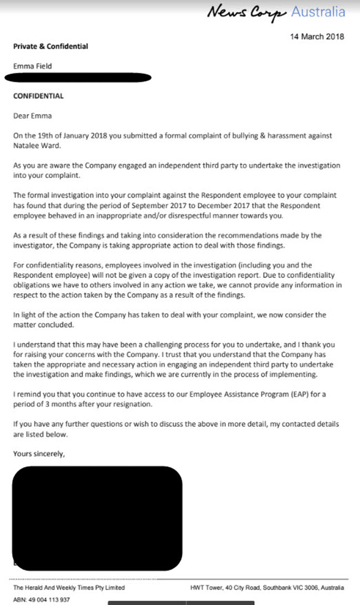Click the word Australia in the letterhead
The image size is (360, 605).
click(x=318, y=12)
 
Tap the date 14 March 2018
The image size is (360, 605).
click(x=317, y=37)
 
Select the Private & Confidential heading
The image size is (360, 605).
click(x=50, y=46)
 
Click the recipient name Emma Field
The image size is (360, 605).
click(x=33, y=66)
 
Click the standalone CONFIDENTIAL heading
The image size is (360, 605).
click(x=38, y=96)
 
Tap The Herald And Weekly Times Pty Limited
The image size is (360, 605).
click(x=69, y=587)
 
